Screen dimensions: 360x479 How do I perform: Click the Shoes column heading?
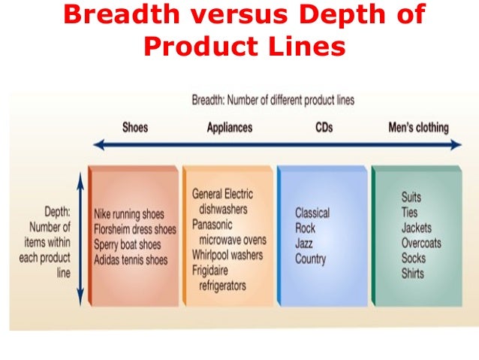135,127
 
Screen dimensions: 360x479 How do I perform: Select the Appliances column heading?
230,127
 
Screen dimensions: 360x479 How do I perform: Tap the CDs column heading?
324,127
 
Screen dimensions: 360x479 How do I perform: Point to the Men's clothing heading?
418,127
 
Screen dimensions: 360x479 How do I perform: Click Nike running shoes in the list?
130,214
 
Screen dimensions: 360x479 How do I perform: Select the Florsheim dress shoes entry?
135,229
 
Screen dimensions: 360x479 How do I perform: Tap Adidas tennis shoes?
131,259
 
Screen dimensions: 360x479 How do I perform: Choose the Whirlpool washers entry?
227,255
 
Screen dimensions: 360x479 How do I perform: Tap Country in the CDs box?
311,259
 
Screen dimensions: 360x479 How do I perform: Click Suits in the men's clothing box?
411,197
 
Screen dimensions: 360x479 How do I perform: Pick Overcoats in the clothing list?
421,243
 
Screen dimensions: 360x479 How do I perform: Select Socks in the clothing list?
413,258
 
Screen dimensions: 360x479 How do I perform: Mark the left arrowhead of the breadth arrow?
98,144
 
